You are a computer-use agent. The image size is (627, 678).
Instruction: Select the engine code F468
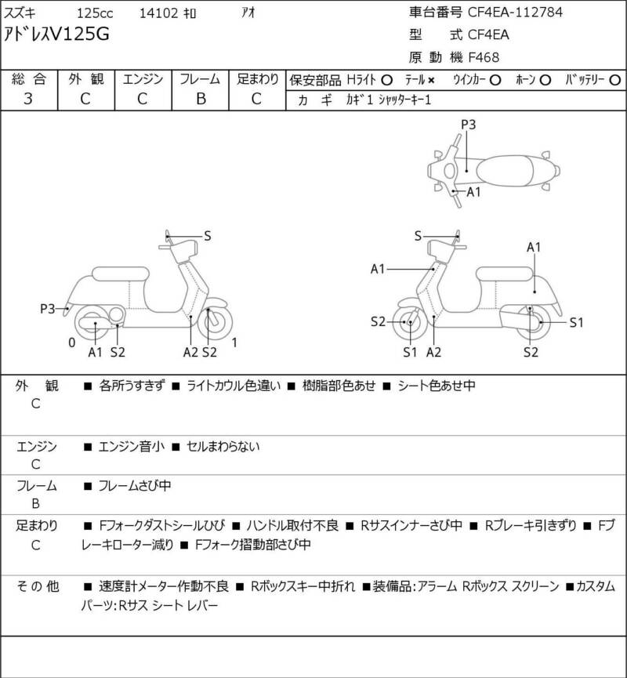coord(484,56)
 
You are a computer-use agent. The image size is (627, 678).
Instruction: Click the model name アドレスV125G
coord(58,34)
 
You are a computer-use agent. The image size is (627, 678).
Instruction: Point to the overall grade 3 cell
coord(28,99)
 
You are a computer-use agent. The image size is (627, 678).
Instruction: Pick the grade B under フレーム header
coord(200,99)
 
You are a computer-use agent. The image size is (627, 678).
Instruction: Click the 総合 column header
coord(28,79)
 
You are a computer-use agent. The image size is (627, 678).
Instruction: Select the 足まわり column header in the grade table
coord(258,79)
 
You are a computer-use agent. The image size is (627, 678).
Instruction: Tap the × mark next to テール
coord(431,80)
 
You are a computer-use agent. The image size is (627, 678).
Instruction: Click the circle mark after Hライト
coord(386,80)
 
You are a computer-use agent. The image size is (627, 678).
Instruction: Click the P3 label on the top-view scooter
coord(468,124)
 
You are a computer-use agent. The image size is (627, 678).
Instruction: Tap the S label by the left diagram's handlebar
coord(207,235)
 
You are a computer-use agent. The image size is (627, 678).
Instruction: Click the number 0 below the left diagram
coord(71,343)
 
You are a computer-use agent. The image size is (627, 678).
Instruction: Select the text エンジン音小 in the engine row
coord(131,448)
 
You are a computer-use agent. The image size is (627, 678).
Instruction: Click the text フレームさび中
coord(134,486)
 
